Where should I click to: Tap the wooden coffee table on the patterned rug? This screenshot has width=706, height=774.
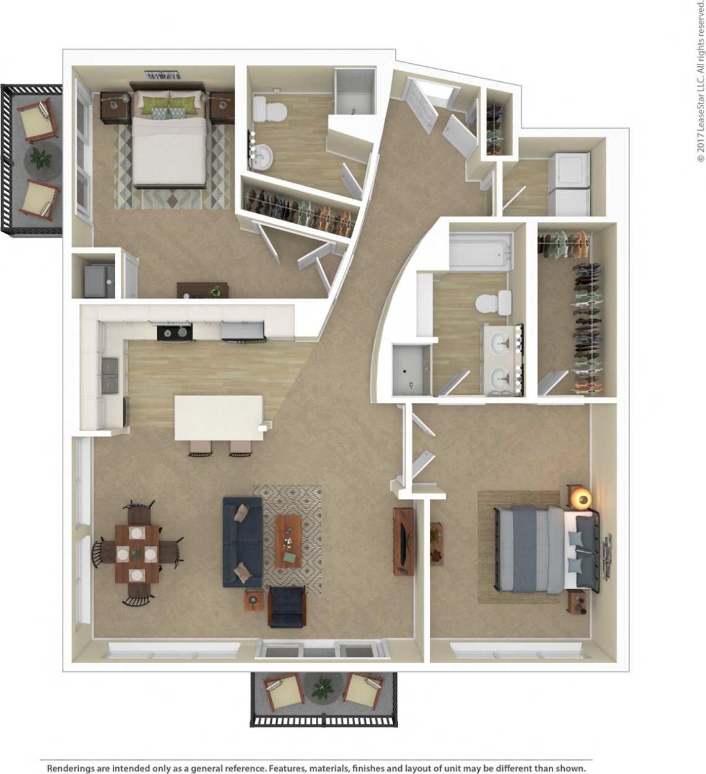coord(288,540)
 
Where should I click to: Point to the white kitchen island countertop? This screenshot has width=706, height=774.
coord(218,417)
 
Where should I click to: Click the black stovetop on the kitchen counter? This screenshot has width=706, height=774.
coord(174,333)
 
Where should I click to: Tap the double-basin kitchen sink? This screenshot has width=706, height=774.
coord(109,376)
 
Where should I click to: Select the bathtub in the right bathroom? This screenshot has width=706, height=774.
coord(481,251)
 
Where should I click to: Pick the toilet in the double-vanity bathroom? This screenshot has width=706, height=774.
coord(492,304)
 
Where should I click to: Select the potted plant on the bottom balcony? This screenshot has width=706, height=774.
coord(322,688)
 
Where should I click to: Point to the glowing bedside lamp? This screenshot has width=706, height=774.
coord(582,498)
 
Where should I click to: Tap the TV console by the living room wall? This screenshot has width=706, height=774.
coord(403,541)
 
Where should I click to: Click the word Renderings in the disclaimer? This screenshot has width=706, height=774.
coord(71,768)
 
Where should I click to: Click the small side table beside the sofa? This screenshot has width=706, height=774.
coord(253,600)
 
